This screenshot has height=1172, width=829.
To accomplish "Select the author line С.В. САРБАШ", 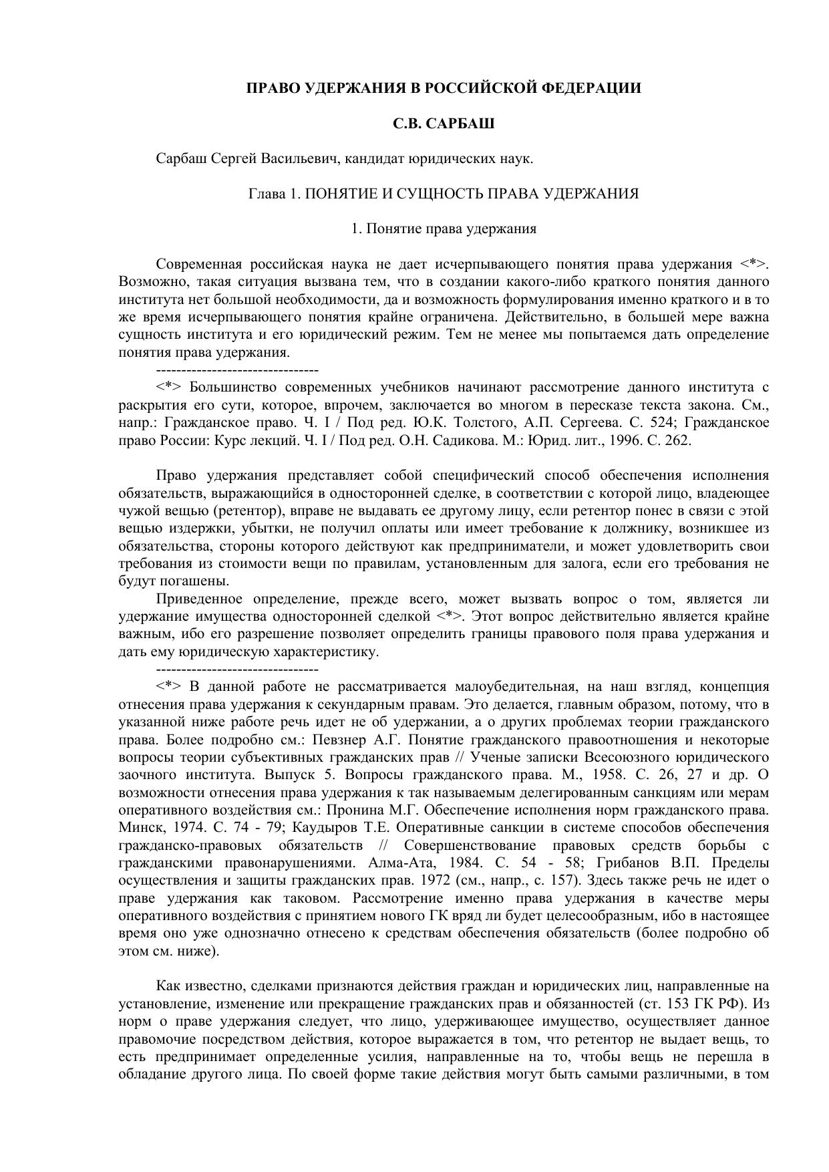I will (443, 124).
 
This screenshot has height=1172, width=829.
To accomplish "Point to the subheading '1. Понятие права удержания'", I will (444, 229).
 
